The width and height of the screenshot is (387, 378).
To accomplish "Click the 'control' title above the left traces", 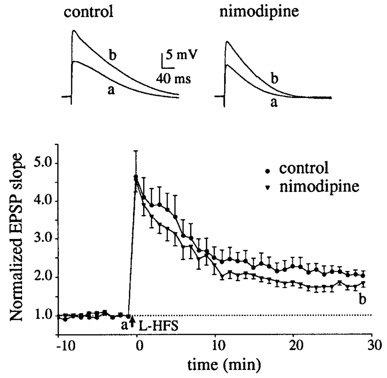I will click(x=88, y=12).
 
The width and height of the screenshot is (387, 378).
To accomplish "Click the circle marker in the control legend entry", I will click(x=268, y=171).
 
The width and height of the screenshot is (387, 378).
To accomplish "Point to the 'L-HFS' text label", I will click(x=153, y=326).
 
